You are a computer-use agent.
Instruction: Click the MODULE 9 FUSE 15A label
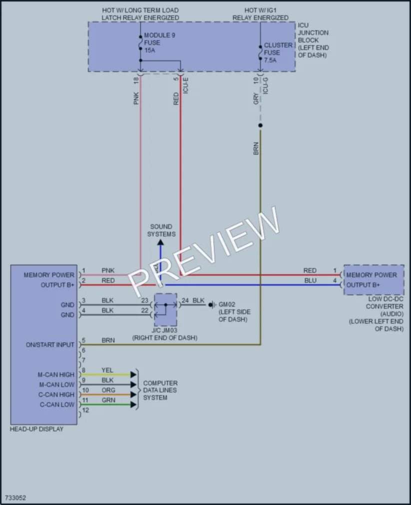(x=159, y=42)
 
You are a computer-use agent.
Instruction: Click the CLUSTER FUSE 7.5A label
(x=278, y=52)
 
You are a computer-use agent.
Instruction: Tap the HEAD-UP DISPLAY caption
(x=36, y=429)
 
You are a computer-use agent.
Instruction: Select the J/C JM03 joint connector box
(x=165, y=310)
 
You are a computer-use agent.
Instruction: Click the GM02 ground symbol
(x=212, y=305)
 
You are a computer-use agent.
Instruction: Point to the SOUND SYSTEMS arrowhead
(x=160, y=242)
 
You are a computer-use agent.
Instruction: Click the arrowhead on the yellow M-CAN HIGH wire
(x=133, y=374)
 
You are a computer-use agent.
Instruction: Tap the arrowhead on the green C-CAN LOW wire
(x=133, y=404)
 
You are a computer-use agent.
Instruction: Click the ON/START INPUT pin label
(x=50, y=344)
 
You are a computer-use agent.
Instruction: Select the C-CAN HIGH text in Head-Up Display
(x=56, y=394)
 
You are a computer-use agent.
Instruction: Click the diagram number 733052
(x=15, y=498)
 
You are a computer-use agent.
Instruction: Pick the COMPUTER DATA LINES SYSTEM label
(x=160, y=390)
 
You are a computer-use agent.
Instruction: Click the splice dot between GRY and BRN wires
(x=260, y=125)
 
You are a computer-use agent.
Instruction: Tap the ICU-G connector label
(x=266, y=86)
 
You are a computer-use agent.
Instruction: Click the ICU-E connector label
(x=185, y=86)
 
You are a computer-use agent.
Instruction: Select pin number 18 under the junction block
(x=136, y=81)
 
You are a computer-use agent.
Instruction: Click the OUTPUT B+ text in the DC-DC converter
(x=363, y=285)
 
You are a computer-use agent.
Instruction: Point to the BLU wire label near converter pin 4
(x=310, y=281)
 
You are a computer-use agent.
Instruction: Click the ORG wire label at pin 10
(x=108, y=390)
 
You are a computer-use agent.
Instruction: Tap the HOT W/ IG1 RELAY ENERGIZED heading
(x=260, y=14)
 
